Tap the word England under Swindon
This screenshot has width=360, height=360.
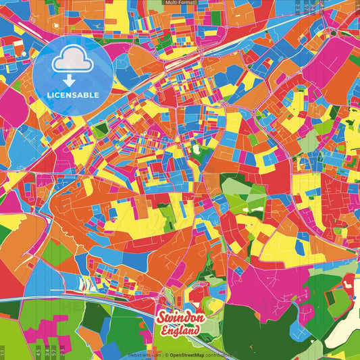tap(180, 331)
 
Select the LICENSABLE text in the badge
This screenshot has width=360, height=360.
tap(74, 95)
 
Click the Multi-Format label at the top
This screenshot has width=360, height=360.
tap(180, 3)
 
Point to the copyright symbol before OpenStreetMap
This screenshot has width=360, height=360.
tap(166, 354)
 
